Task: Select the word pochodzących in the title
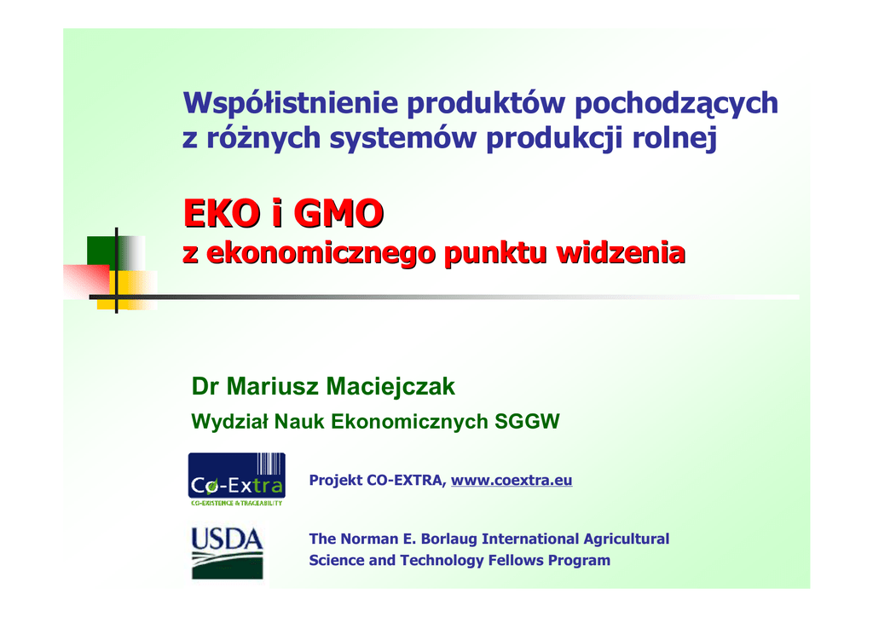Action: coord(676,103)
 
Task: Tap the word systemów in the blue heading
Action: coord(402,139)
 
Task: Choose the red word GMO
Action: coord(338,213)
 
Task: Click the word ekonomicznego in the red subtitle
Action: coord(321,254)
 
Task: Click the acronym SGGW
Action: coord(527,422)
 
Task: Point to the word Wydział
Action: coord(229,422)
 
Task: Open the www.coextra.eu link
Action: coord(512,480)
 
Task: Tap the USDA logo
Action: coord(227,553)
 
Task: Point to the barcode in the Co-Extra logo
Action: coord(270,464)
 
